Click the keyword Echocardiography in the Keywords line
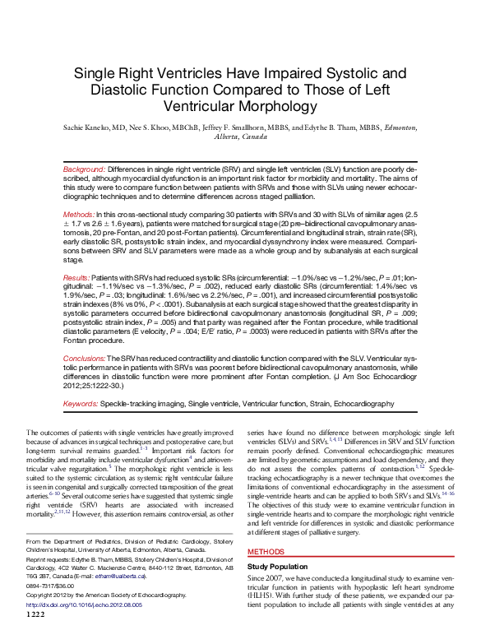coord(356,405)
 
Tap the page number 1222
coord(36,637)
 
